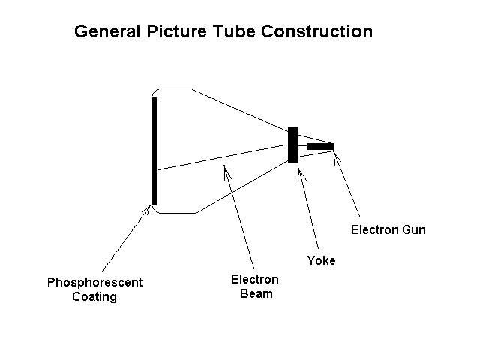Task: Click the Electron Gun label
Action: tap(388, 229)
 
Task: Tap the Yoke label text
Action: tap(321, 260)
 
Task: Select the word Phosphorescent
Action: tap(94, 283)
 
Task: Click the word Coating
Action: tap(94, 296)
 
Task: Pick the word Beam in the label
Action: tap(256, 293)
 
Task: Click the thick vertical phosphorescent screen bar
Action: tap(154, 150)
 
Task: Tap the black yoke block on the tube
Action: tap(293, 145)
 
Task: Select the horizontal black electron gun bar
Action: tap(320, 146)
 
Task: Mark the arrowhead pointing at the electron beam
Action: tap(224, 166)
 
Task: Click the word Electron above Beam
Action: tap(254, 280)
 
